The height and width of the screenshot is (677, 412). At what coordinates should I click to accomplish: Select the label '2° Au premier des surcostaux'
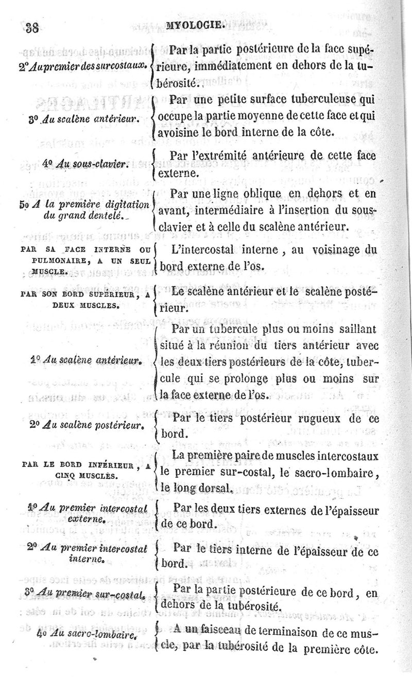[77, 66]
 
